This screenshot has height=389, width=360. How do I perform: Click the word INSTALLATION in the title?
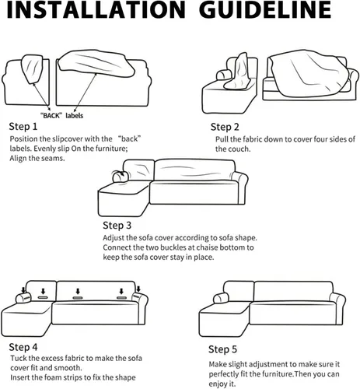coord(96,9)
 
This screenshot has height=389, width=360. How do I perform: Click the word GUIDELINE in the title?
coord(267,9)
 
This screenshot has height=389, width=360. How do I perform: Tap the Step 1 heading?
coord(23,127)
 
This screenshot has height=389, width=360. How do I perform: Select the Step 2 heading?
coord(225,127)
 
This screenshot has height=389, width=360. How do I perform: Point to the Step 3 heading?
coord(117,226)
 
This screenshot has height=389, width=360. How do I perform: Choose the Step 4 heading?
coord(23,347)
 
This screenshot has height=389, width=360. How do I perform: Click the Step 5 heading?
coord(222,349)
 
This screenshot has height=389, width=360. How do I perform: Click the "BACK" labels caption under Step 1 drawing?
coord(61,115)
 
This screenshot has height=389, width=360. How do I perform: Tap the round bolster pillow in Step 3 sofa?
coord(120,177)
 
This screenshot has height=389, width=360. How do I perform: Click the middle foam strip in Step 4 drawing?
coord(78,298)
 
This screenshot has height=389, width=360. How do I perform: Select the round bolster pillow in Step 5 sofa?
coord(221,298)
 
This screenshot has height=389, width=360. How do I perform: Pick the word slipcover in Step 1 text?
coord(68,139)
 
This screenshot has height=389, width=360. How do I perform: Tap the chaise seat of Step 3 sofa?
coord(123,188)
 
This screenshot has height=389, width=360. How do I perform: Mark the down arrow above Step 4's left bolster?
coord(23,289)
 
